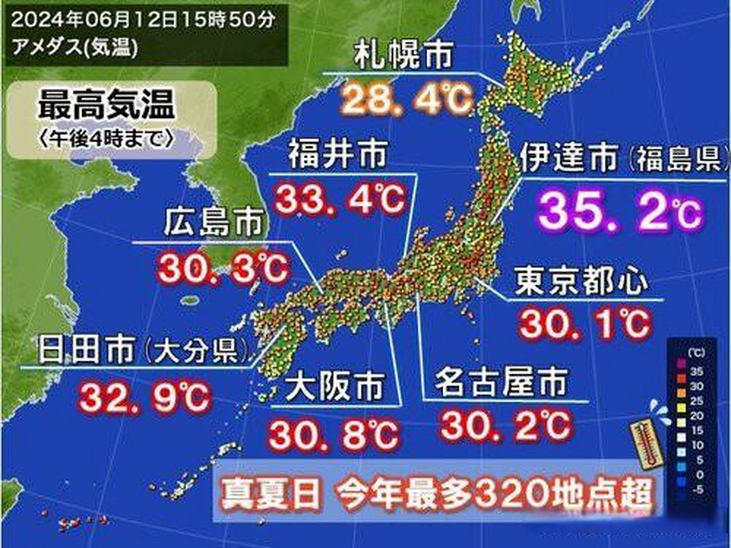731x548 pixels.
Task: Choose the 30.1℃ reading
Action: click(x=585, y=324)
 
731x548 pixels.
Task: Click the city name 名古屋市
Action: click(x=501, y=382)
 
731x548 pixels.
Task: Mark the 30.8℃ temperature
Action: click(x=334, y=434)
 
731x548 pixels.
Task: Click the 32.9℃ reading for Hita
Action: click(x=145, y=397)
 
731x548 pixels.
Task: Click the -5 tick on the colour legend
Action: click(x=697, y=489)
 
